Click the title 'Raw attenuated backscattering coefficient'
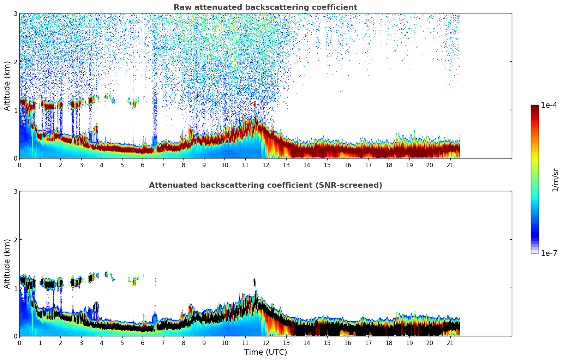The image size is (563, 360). point(265,7)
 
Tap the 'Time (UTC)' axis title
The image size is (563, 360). point(265,352)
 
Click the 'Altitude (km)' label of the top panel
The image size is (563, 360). point(7,86)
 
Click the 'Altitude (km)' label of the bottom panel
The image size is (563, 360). point(7,264)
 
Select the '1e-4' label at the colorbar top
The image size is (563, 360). point(549,105)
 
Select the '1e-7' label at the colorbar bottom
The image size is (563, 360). point(549,253)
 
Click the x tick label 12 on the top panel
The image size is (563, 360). point(265,165)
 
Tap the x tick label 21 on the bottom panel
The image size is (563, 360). point(450,343)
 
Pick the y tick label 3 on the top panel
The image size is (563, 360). point(16,13)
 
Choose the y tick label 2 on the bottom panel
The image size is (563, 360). point(16,240)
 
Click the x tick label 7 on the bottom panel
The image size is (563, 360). point(163,343)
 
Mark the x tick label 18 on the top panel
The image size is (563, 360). point(389,165)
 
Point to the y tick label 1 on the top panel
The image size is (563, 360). point(16,110)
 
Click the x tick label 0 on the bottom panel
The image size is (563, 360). point(19,343)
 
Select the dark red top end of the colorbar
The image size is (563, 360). point(535,107)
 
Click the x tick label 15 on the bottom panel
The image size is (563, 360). point(327,343)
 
